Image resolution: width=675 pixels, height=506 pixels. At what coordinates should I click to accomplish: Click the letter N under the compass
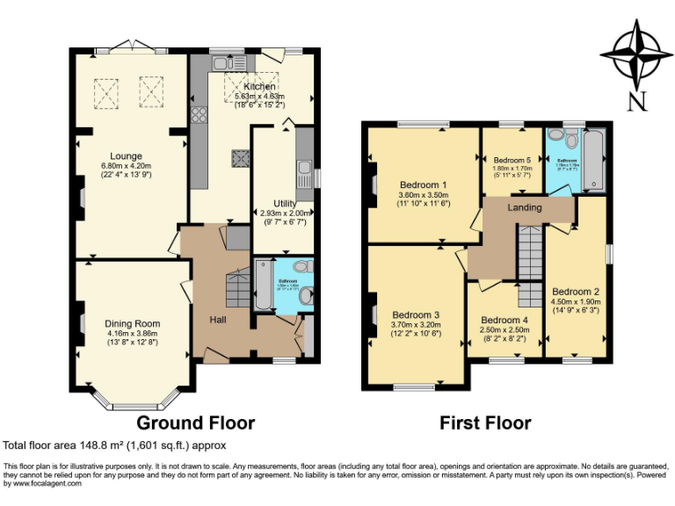click(635, 101)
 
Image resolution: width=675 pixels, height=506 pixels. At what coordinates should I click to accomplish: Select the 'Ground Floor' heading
click(194, 423)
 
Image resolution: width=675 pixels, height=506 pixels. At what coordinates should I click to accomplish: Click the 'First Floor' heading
click(485, 423)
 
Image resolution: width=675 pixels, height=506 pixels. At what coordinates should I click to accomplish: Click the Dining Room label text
click(133, 323)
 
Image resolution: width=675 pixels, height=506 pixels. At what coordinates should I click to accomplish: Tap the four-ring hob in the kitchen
click(199, 115)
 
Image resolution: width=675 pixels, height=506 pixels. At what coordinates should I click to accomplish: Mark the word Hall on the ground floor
click(218, 319)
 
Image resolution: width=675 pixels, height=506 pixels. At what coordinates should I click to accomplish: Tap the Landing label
click(526, 207)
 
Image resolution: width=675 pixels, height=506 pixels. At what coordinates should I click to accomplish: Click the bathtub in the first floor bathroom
click(593, 160)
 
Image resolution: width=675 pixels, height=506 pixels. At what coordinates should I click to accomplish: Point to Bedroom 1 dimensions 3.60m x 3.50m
click(424, 194)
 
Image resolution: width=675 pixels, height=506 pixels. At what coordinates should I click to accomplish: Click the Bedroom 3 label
click(416, 314)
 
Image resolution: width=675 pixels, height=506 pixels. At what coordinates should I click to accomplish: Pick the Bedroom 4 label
click(504, 320)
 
